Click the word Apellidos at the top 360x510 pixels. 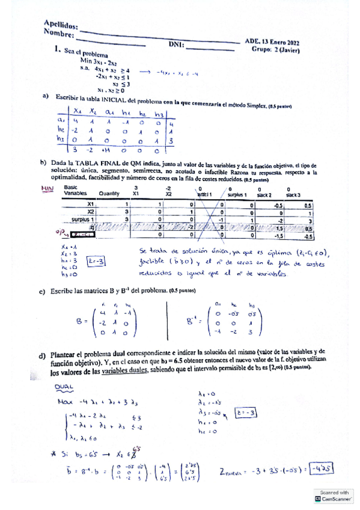coord(61,25)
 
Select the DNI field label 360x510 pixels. coord(175,44)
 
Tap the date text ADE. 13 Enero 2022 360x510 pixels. coord(272,42)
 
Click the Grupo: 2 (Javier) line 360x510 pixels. coord(275,50)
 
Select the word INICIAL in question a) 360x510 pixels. coord(114,100)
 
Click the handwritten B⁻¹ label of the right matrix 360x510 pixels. coord(191,321)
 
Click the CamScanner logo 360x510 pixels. coord(319,499)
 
